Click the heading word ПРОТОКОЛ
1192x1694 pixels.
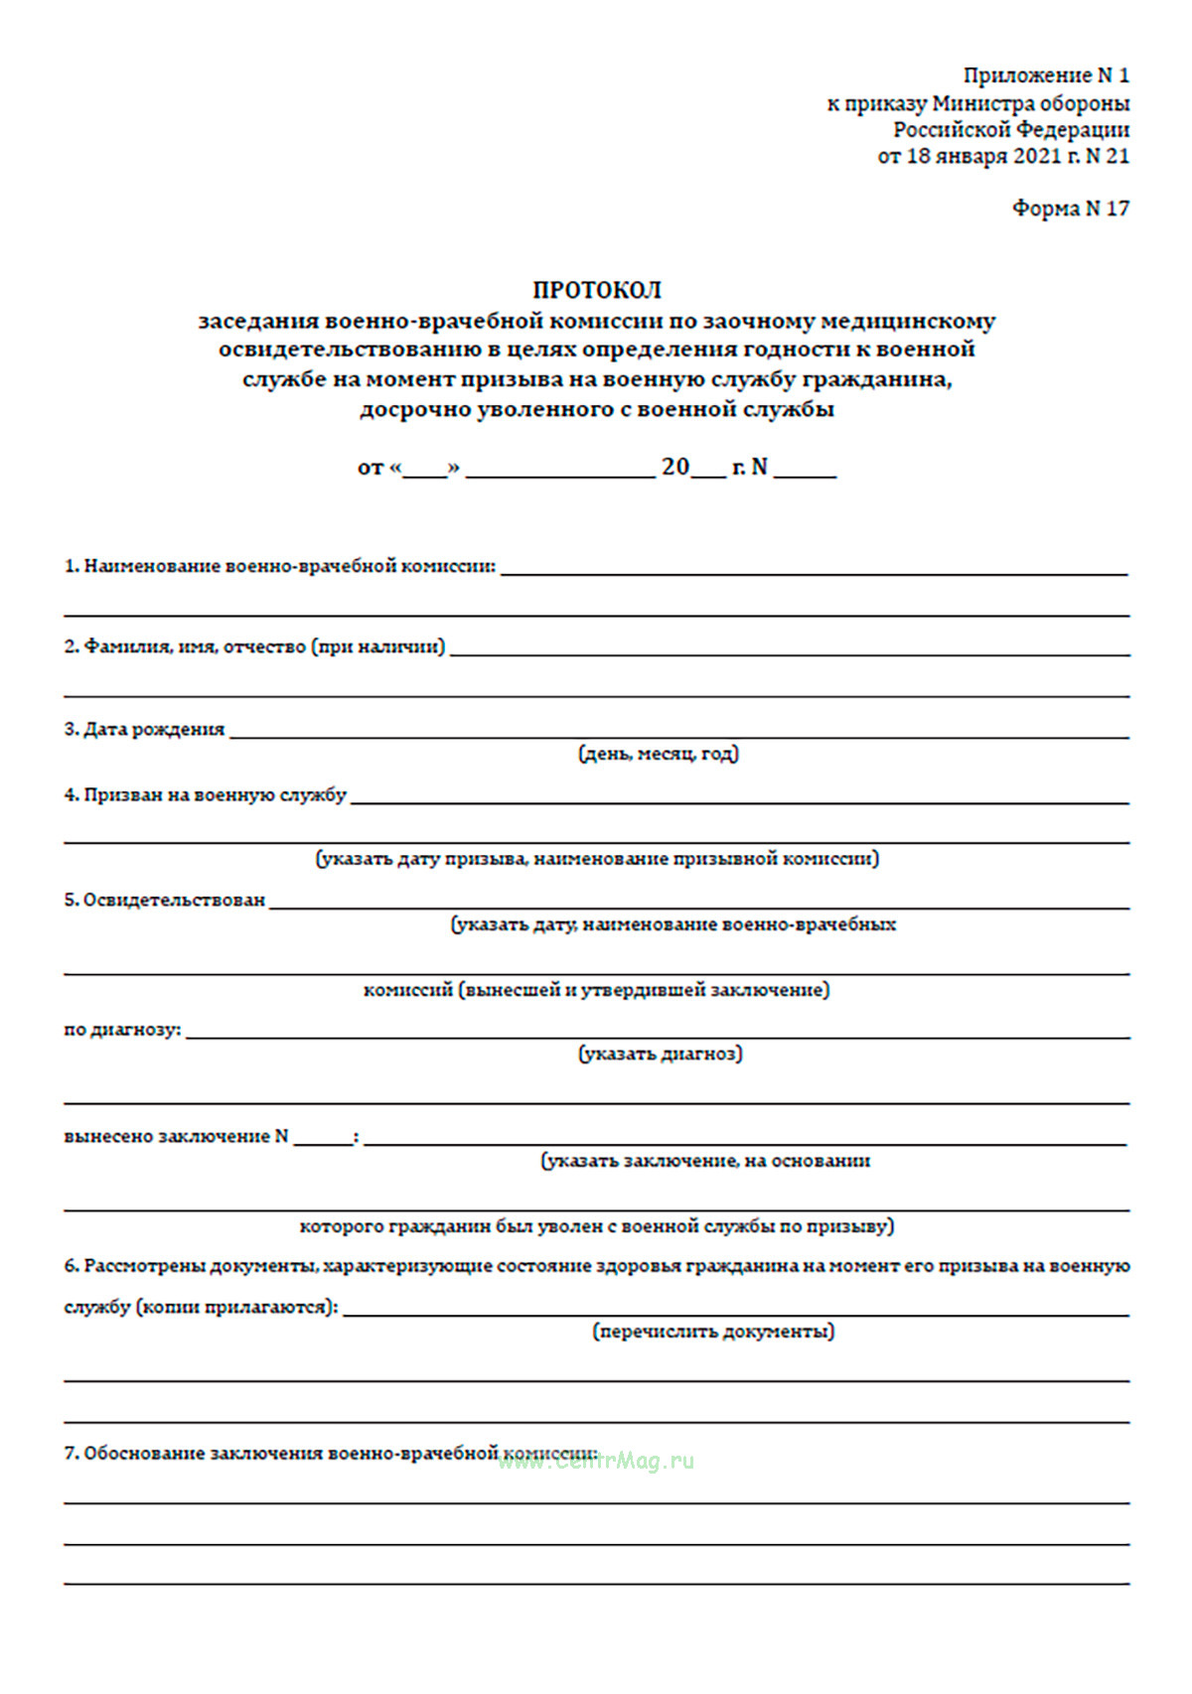[597, 290]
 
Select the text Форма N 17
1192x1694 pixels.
[1070, 209]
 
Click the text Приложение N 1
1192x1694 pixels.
[1046, 75]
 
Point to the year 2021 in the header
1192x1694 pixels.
[1038, 156]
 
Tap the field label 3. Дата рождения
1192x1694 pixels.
[145, 730]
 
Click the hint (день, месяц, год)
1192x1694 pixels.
[659, 755]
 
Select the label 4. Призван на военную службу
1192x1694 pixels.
[206, 795]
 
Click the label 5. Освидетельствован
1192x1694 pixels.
[165, 901]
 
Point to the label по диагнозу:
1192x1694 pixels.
[122, 1031]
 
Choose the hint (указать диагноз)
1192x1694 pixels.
[661, 1055]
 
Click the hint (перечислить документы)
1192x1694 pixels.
[713, 1332]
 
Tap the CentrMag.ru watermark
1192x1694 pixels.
[596, 1461]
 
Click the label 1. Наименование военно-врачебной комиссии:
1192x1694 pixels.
[280, 567]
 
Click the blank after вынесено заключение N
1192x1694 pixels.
[323, 1138]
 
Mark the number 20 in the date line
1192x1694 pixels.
[675, 467]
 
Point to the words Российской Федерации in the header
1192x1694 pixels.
[1010, 130]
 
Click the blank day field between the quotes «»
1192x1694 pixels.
[425, 471]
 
